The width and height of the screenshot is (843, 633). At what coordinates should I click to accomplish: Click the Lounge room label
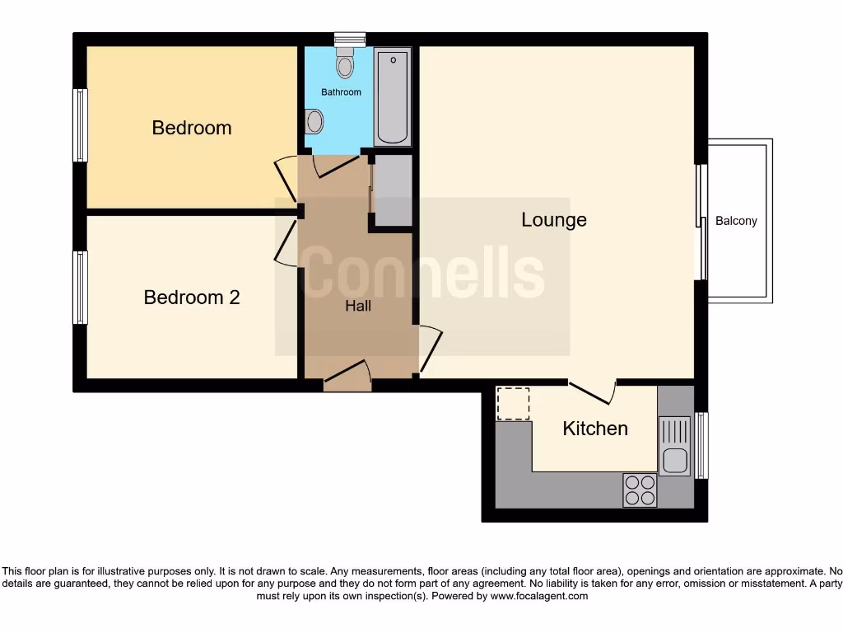[554, 220]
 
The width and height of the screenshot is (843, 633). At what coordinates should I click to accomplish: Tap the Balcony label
[736, 221]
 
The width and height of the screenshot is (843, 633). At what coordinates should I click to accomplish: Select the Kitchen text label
[595, 429]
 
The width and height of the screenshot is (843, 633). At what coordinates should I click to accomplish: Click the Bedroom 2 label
[192, 298]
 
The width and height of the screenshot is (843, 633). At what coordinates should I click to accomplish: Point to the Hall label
[358, 306]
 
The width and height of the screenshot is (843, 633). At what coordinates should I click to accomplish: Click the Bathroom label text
[341, 92]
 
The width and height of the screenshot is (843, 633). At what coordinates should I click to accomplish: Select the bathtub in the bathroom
[393, 96]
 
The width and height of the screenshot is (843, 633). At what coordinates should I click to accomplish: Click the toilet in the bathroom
[345, 63]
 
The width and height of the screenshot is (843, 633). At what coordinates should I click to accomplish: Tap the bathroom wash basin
[314, 123]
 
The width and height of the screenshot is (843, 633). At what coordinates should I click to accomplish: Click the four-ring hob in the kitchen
[640, 490]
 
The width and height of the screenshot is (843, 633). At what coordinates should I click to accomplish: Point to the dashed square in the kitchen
[514, 403]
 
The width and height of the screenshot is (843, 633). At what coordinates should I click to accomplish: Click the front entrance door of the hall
[347, 377]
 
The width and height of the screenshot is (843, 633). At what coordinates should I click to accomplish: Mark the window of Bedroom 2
[80, 288]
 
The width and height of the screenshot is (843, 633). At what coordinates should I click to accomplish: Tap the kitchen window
[701, 445]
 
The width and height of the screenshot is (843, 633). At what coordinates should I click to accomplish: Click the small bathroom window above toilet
[350, 38]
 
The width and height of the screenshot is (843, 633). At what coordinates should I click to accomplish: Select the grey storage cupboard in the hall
[393, 190]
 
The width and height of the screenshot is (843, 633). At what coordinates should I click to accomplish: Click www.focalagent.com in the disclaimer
[540, 596]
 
